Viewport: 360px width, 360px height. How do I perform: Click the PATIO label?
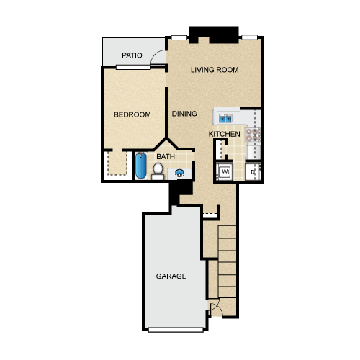(x=132, y=55)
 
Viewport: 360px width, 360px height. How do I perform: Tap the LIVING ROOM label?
(x=215, y=70)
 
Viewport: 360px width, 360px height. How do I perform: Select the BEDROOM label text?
(x=132, y=114)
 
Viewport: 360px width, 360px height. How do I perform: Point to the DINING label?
(x=184, y=114)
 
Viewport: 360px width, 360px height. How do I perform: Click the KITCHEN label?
(x=225, y=134)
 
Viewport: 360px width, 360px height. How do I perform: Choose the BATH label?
(x=166, y=157)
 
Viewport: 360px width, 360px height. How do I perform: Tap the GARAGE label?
(x=171, y=276)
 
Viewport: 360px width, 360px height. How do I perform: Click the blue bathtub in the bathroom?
(x=141, y=166)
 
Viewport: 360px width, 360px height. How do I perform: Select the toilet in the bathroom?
(x=158, y=171)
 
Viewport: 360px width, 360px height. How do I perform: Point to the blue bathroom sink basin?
(x=180, y=173)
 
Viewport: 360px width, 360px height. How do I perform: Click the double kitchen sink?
(x=225, y=118)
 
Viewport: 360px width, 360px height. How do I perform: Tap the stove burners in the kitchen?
(x=252, y=135)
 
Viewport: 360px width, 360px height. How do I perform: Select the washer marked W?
(x=225, y=171)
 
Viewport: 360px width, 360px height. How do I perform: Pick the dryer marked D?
(x=253, y=172)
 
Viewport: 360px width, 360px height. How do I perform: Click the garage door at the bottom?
(x=176, y=330)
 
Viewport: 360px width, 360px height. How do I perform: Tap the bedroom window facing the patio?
(x=133, y=67)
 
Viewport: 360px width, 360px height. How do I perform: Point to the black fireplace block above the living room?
(x=214, y=35)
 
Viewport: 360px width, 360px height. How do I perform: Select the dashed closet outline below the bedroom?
(x=117, y=163)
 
